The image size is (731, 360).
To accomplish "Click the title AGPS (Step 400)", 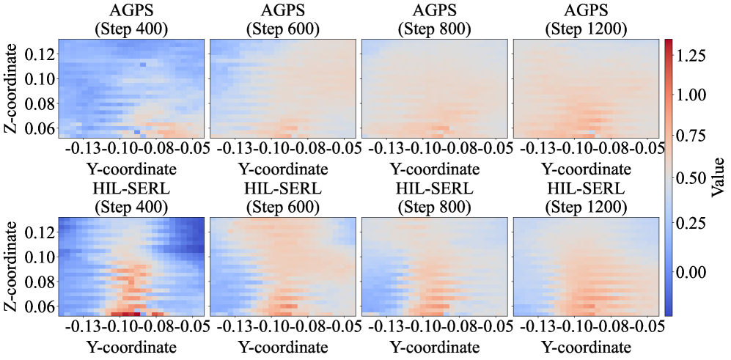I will click(x=132, y=20).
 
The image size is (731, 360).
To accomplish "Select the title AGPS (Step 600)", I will click(x=284, y=20).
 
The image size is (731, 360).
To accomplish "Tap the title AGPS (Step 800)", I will click(x=435, y=20).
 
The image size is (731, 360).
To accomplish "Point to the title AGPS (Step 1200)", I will click(x=586, y=20).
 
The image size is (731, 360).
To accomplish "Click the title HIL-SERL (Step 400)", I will click(x=132, y=198).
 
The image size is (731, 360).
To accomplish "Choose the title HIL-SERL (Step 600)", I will click(x=284, y=198).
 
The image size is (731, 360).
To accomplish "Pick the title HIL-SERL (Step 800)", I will click(x=435, y=198).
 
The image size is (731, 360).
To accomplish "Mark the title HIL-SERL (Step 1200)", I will click(x=586, y=198).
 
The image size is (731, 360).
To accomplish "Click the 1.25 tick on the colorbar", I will click(x=691, y=56).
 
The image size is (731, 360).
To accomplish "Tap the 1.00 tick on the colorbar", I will click(x=691, y=95).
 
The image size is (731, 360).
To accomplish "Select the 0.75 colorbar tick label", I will click(x=691, y=136).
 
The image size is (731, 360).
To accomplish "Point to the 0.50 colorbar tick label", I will click(x=691, y=177).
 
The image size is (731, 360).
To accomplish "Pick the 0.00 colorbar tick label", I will click(x=691, y=272).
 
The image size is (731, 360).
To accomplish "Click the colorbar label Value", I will click(x=719, y=177).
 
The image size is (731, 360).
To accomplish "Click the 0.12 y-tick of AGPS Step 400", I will click(x=41, y=54).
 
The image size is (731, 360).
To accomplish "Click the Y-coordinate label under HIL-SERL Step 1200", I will click(x=586, y=347).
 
